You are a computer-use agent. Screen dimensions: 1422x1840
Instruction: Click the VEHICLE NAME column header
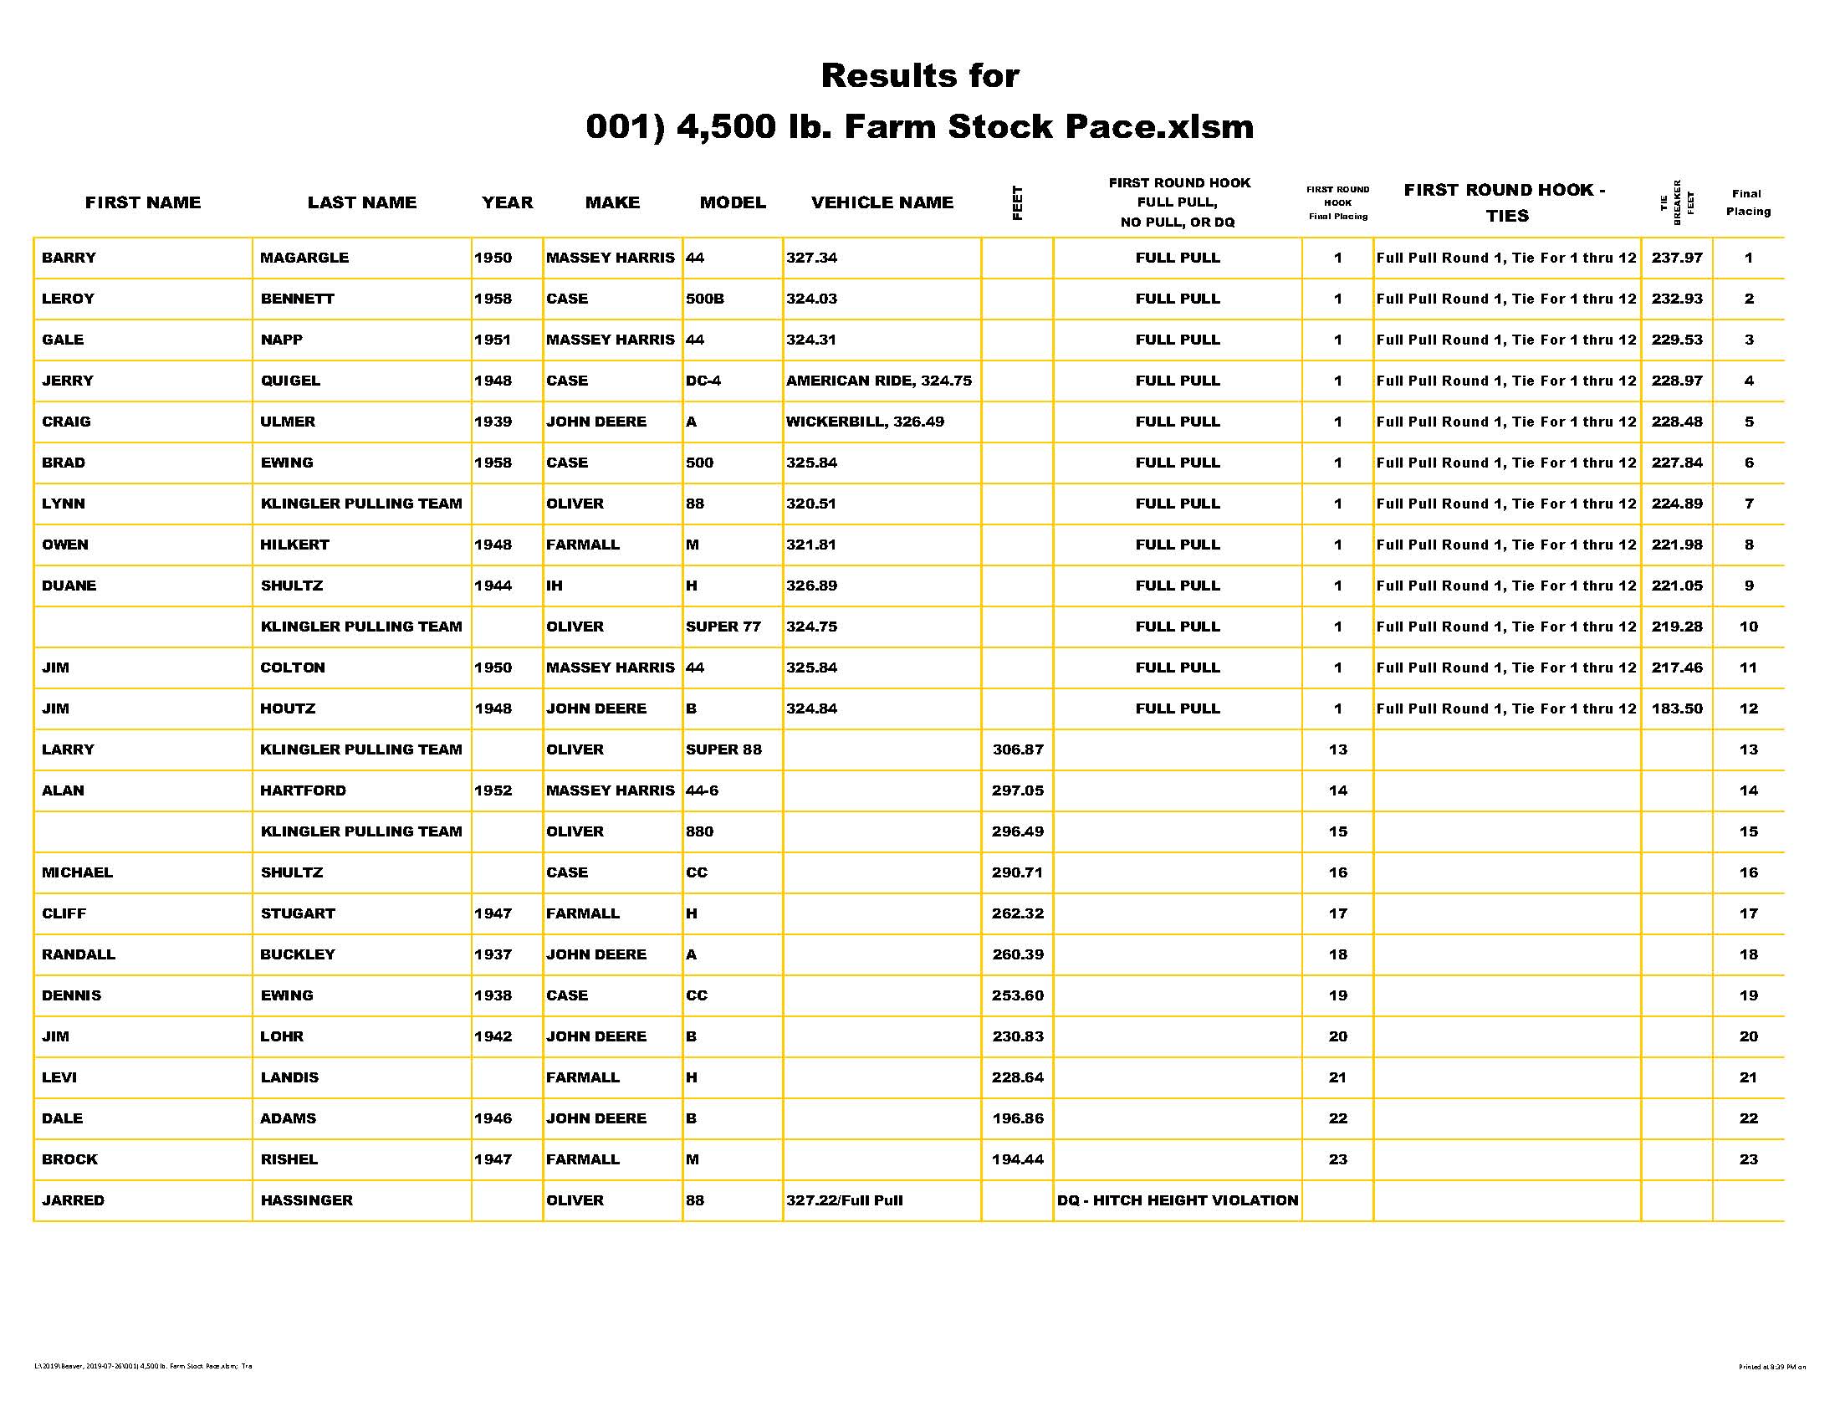pyautogui.click(x=882, y=202)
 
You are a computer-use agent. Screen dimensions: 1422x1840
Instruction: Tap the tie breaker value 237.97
pyautogui.click(x=1677, y=258)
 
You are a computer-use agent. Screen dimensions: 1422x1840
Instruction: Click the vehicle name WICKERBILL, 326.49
pyautogui.click(x=865, y=422)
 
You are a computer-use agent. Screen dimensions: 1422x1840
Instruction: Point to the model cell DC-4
pyautogui.click(x=703, y=381)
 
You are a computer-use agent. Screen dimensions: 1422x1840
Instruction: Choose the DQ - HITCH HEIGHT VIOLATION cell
pyautogui.click(x=1177, y=1200)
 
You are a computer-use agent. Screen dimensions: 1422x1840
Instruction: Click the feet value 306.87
pyautogui.click(x=1017, y=749)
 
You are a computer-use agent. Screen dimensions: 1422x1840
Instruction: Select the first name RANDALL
pyautogui.click(x=79, y=954)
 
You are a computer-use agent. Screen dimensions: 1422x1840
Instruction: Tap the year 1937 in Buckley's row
pyautogui.click(x=493, y=954)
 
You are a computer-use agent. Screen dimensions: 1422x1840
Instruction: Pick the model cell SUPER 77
pyautogui.click(x=723, y=627)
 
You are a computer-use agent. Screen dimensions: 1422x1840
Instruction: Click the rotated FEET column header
pyautogui.click(x=1017, y=203)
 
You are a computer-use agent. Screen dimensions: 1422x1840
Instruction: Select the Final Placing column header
pyautogui.click(x=1747, y=202)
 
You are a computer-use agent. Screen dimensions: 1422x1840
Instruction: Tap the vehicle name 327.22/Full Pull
pyautogui.click(x=844, y=1200)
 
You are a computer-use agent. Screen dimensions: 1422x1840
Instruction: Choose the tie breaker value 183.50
pyautogui.click(x=1677, y=708)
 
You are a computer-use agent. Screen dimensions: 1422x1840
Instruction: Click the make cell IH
pyautogui.click(x=555, y=586)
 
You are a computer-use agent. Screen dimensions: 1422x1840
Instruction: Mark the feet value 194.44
pyautogui.click(x=1017, y=1159)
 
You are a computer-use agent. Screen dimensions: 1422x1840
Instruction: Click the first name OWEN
pyautogui.click(x=65, y=545)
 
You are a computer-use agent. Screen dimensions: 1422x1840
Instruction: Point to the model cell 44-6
pyautogui.click(x=702, y=790)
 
